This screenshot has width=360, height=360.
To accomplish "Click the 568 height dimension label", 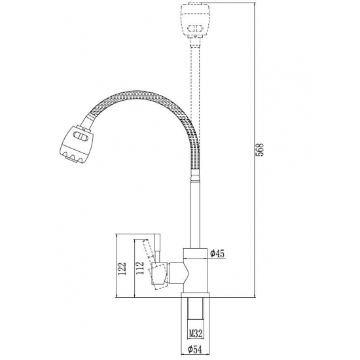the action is click(x=260, y=150).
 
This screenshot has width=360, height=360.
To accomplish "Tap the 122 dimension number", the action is click(x=122, y=268).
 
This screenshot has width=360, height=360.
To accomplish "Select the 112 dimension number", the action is click(x=139, y=268).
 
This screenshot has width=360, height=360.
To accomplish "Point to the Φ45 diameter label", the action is click(x=217, y=253).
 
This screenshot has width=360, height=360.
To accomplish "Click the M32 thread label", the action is click(x=196, y=333).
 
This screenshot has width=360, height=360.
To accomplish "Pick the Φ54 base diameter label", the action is click(x=194, y=350).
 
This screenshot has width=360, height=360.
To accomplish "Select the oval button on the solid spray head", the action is click(x=81, y=136).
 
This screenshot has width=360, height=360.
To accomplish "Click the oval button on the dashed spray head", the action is click(x=195, y=28).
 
